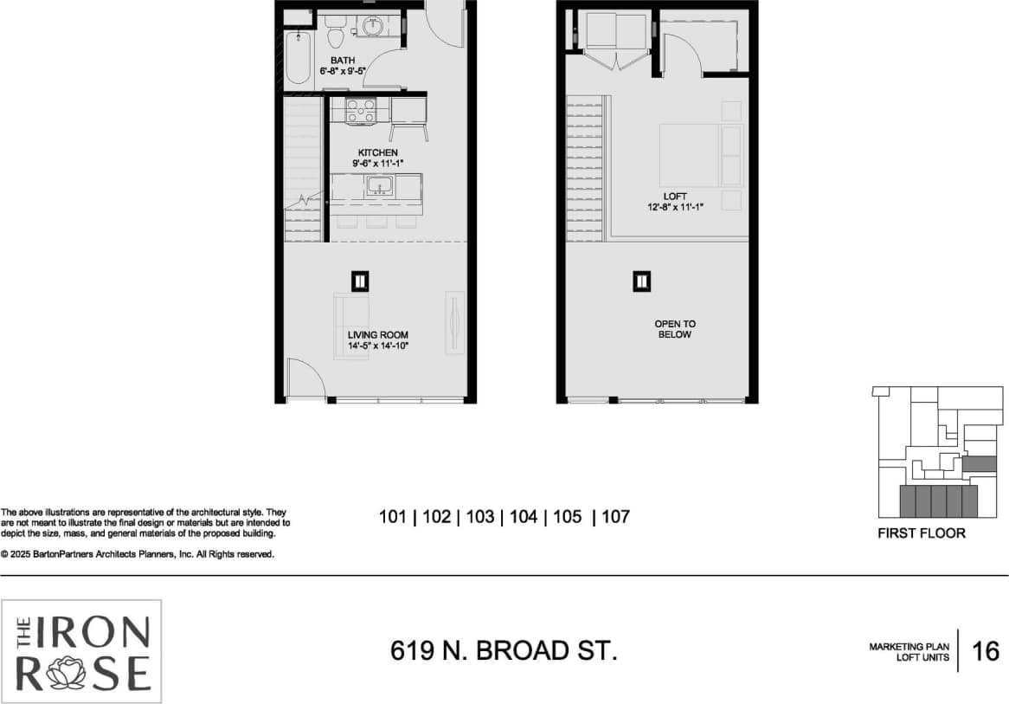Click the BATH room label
tap(342, 61)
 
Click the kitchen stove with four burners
tap(360, 111)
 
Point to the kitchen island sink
tap(379, 185)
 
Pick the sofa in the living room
tap(351, 322)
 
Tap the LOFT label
tap(674, 197)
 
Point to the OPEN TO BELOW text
tap(674, 329)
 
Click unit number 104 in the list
tap(524, 517)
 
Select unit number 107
tap(614, 517)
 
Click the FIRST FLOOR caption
tap(921, 533)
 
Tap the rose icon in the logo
tap(67, 673)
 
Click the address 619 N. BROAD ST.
tap(504, 651)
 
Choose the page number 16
tap(986, 651)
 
